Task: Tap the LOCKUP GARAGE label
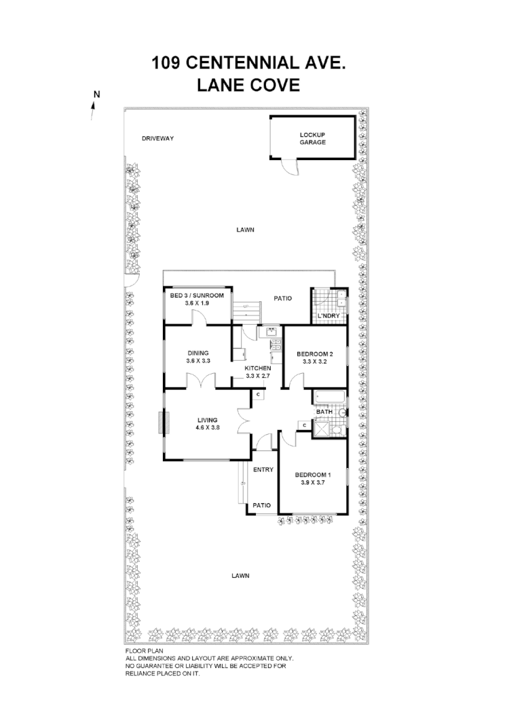click(x=313, y=139)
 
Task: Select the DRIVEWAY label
click(x=158, y=138)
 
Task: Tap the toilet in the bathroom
click(x=341, y=412)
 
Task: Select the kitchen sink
click(x=269, y=332)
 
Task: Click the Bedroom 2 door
click(x=293, y=381)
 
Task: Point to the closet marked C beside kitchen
click(x=258, y=395)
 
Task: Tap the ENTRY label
click(x=263, y=469)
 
